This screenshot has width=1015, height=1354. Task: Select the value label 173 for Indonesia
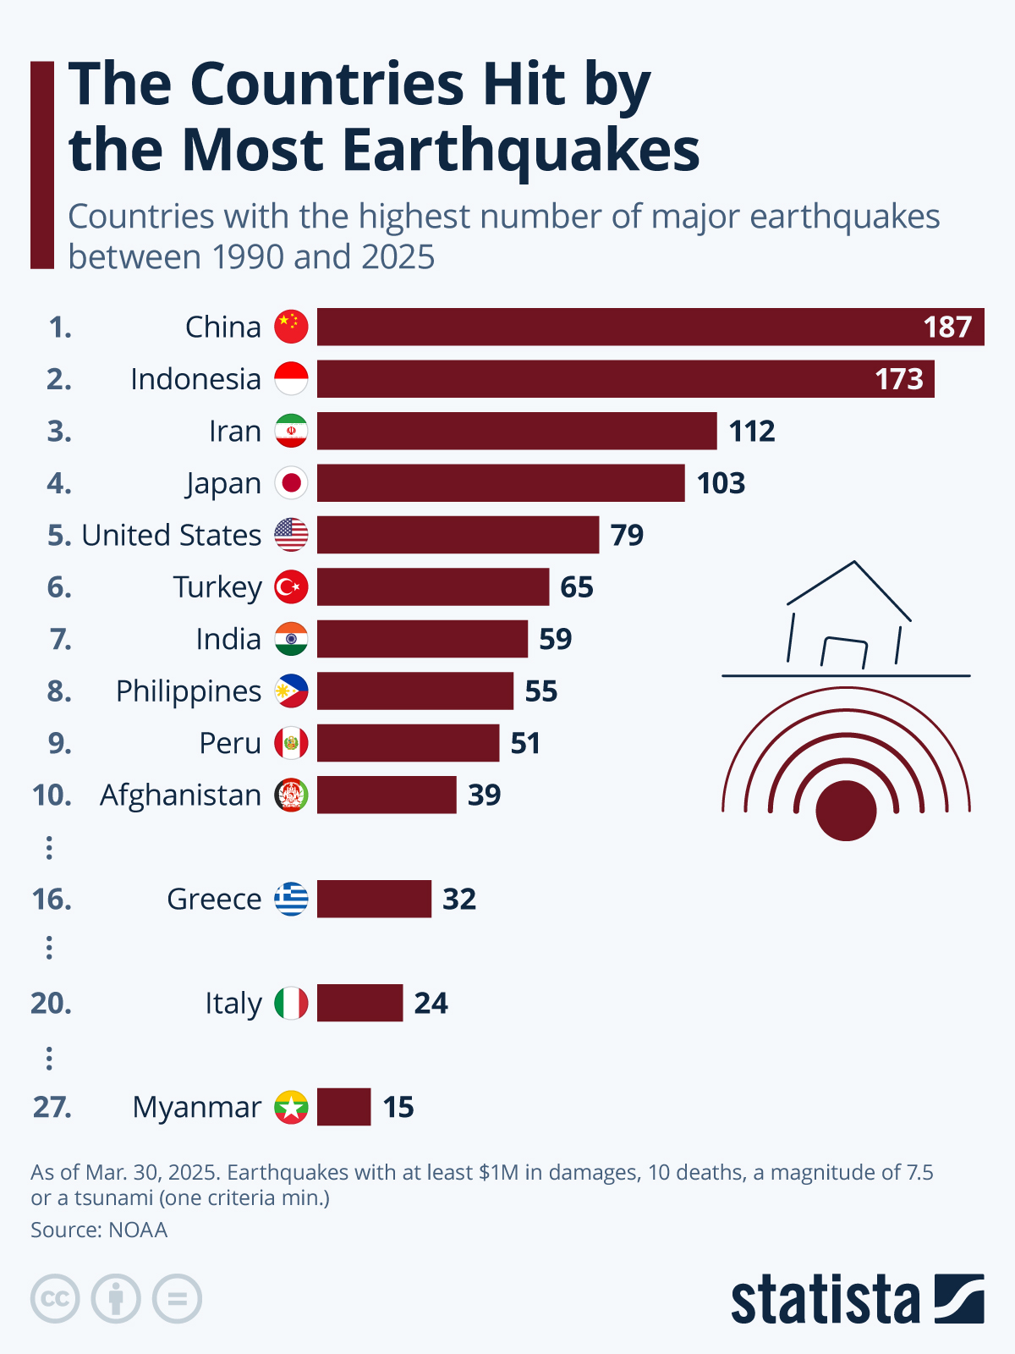pyautogui.click(x=899, y=379)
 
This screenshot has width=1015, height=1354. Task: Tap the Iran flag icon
pyautogui.click(x=291, y=431)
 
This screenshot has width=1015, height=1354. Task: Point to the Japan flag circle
pyautogui.click(x=291, y=483)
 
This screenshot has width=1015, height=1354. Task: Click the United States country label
pyautogui.click(x=172, y=535)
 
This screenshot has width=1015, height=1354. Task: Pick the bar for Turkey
pyautogui.click(x=433, y=587)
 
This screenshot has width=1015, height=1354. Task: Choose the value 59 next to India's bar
pyautogui.click(x=556, y=639)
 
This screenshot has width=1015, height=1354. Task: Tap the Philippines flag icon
pyautogui.click(x=291, y=691)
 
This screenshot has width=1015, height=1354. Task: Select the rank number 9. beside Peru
pyautogui.click(x=59, y=743)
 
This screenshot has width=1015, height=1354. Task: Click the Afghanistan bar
pyautogui.click(x=387, y=795)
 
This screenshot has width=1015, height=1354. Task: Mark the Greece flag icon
pyautogui.click(x=291, y=899)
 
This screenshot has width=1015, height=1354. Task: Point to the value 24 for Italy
pyautogui.click(x=431, y=1003)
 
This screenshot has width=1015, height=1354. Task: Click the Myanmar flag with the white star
pyautogui.click(x=291, y=1107)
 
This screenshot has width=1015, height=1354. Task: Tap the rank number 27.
pyautogui.click(x=52, y=1107)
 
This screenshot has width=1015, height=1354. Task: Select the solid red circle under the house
pyautogui.click(x=846, y=810)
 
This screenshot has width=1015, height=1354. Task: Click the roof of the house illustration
pyautogui.click(x=850, y=584)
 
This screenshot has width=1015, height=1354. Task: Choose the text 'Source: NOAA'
pyautogui.click(x=99, y=1230)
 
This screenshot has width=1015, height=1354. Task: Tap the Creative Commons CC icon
pyautogui.click(x=55, y=1298)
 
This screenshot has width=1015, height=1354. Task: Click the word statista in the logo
pyautogui.click(x=826, y=1300)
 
